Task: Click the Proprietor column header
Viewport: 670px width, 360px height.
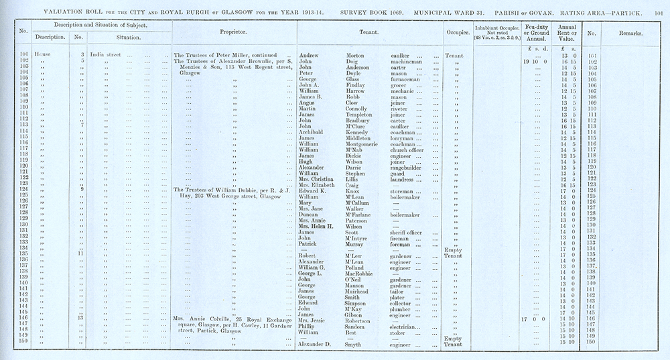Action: (234, 32)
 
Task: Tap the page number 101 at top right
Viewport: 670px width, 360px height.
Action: (662, 11)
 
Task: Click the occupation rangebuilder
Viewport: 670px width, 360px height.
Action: (409, 167)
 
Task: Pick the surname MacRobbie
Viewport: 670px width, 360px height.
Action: (365, 274)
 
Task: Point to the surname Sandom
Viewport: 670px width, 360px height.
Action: (358, 326)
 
